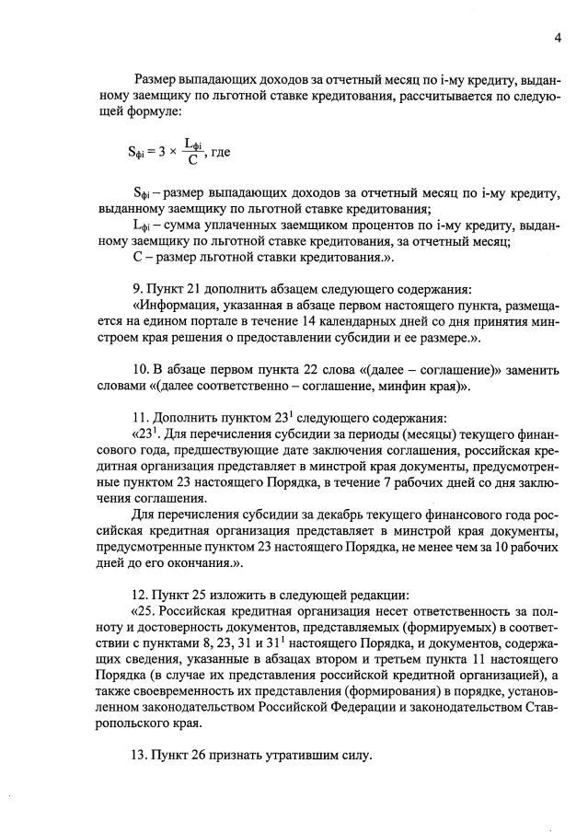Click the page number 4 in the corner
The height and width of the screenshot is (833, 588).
(558, 38)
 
